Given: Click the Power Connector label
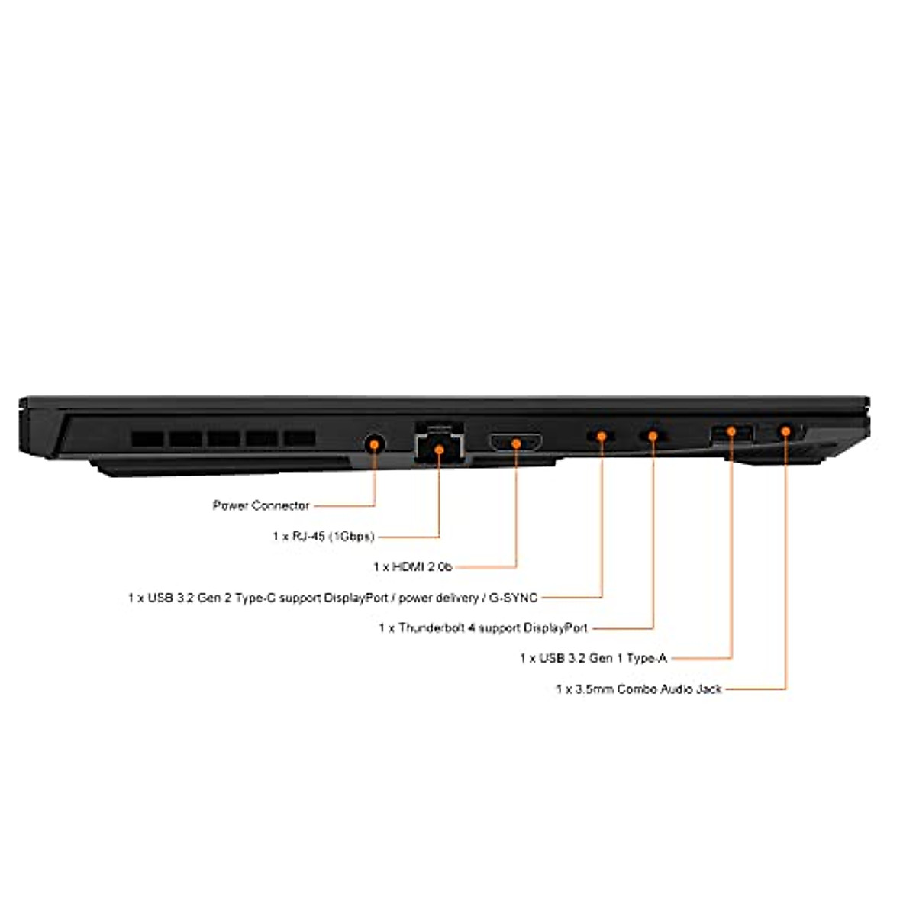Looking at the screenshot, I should coord(261,505).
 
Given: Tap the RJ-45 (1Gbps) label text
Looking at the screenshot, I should coord(323,537).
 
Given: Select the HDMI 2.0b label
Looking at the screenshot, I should coord(412,566).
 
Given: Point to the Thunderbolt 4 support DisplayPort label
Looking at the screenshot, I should coord(483,628).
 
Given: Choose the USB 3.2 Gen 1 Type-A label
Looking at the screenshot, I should coord(593,658).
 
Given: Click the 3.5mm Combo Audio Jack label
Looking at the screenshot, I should coord(638,689).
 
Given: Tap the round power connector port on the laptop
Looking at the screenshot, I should coord(373,443).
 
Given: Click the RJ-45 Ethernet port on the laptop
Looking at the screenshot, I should coord(439,444).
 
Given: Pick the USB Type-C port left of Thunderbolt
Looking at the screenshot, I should coord(601,436).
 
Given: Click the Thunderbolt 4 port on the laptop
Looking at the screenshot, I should coord(653,436).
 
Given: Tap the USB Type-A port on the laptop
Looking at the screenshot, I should coord(731,434).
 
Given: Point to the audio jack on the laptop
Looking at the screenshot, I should coord(785,432).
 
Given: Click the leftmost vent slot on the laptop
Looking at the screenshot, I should coord(147,439).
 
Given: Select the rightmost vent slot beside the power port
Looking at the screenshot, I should coord(300,438).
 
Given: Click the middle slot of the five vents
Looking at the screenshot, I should coord(224,439).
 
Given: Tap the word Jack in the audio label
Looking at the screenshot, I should coord(708,689).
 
